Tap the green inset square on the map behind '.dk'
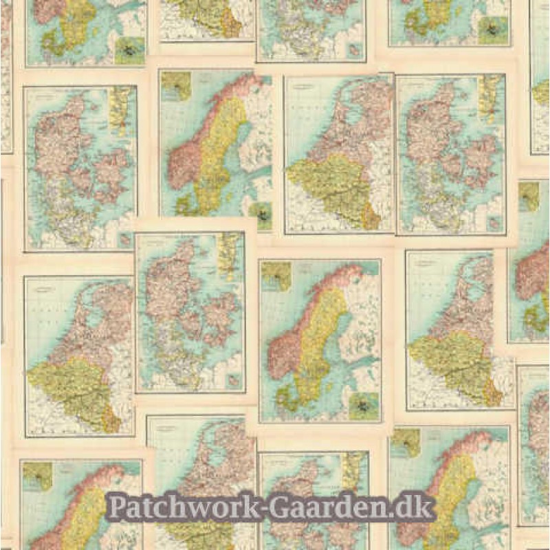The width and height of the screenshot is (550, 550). coord(406,443)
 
